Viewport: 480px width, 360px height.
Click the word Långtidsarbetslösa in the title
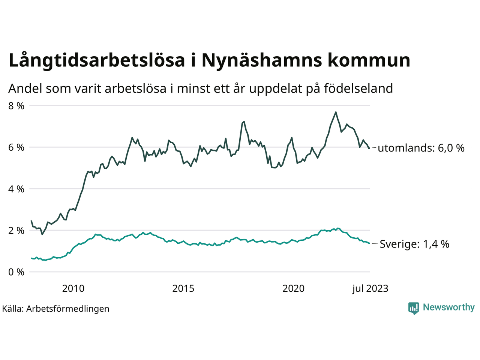click(97, 61)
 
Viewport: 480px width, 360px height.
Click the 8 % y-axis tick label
click(16, 106)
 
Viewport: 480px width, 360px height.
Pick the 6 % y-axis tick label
click(16, 147)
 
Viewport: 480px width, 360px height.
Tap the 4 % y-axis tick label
click(16, 189)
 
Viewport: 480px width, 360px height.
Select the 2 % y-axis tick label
click(16, 231)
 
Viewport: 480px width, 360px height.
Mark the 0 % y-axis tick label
click(16, 272)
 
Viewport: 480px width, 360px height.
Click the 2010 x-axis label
click(73, 289)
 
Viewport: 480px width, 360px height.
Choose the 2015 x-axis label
click(183, 289)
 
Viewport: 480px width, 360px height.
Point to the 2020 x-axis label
click(293, 289)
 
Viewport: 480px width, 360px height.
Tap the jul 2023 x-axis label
click(370, 289)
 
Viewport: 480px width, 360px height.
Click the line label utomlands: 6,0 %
click(421, 148)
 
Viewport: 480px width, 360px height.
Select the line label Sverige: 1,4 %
click(414, 244)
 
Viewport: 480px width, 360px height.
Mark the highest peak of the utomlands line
click(336, 112)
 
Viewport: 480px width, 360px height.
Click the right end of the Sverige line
click(370, 243)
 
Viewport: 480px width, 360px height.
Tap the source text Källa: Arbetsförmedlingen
click(56, 309)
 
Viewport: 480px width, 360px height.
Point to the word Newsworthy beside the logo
click(448, 307)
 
